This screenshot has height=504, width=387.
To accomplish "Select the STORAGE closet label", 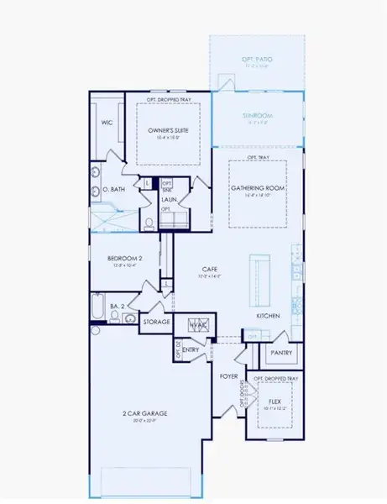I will pyautogui.click(x=156, y=322).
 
